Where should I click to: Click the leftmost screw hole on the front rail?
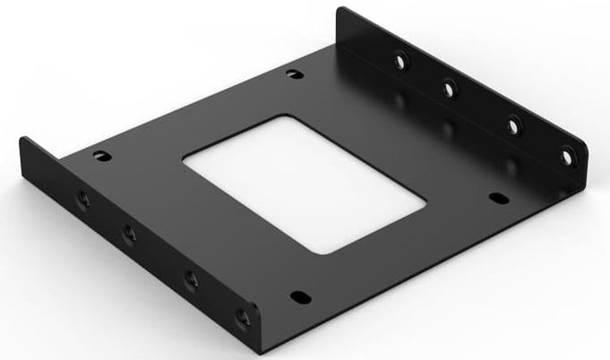(83, 200)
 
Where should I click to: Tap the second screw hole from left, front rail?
(130, 234)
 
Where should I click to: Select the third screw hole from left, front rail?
(191, 279)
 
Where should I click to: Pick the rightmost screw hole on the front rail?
(244, 317)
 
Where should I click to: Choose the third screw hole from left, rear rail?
(513, 124)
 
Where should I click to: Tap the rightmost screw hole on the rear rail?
(567, 156)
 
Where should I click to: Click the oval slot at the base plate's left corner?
(101, 154)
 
